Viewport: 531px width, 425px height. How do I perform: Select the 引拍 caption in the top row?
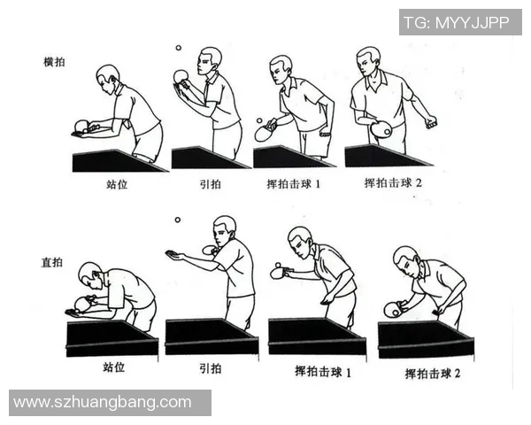(x=209, y=186)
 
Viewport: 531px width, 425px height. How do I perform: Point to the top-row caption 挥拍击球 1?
(x=298, y=185)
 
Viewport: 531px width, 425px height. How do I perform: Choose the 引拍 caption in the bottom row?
(x=209, y=366)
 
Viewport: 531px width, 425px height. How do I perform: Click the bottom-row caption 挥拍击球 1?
(x=323, y=371)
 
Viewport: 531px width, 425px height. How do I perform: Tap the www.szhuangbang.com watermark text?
(x=103, y=402)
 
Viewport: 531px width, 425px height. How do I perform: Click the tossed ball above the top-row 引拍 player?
(x=177, y=50)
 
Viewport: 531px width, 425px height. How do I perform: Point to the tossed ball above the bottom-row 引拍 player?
(x=178, y=220)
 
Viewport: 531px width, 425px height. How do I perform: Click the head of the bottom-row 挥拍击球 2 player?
(x=405, y=259)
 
